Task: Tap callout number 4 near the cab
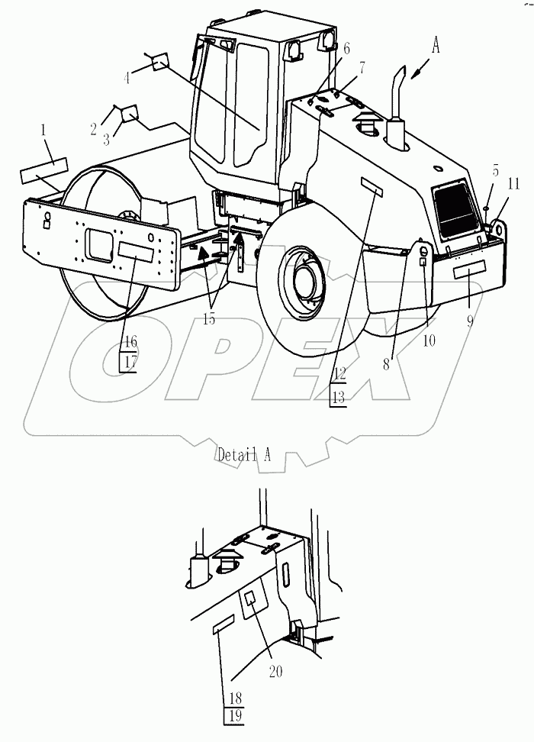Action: pos(127,76)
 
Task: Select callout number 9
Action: pos(470,321)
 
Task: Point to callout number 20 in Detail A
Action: pos(275,671)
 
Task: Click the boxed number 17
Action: pos(129,362)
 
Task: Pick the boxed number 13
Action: pos(339,396)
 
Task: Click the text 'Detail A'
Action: pos(244,455)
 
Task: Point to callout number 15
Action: pos(209,319)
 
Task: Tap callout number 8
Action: pos(387,365)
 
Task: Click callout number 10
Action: pos(429,340)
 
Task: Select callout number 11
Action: pos(513,183)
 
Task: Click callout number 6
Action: pos(346,48)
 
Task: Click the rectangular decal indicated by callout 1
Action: pos(43,169)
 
